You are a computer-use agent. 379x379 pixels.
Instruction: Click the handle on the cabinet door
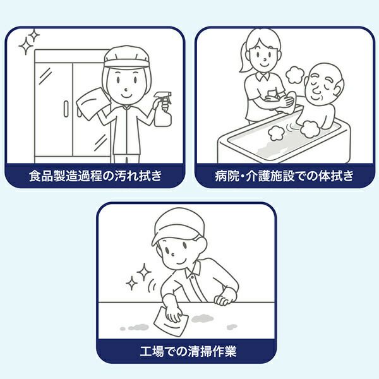point(66,109)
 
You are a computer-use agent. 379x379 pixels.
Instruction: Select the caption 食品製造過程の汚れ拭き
point(95,176)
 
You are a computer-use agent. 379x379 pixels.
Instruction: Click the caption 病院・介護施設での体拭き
point(284,176)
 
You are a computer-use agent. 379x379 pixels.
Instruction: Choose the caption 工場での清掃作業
point(188,351)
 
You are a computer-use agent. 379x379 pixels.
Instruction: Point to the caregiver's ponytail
point(244,58)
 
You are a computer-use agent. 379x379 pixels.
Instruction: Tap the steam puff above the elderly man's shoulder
point(294,75)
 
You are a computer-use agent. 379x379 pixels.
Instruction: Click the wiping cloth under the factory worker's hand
point(171,322)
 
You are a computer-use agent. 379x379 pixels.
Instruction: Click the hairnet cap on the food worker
point(126,57)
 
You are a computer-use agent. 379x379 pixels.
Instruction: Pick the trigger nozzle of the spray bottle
point(164,97)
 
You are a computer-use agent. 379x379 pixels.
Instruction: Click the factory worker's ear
point(202,244)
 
